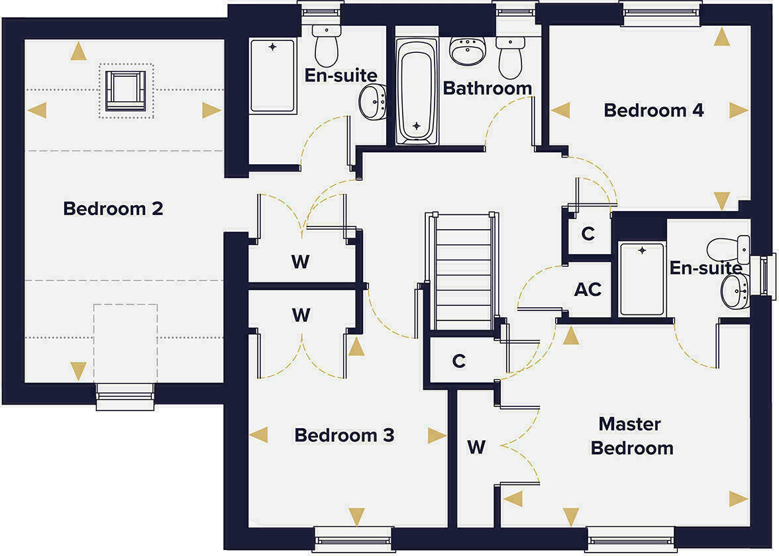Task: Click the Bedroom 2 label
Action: point(113,209)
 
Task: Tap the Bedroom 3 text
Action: point(344,436)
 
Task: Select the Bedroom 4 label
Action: point(653,111)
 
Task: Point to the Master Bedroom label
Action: point(631,436)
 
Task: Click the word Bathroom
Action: point(487,88)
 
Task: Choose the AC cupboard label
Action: point(588,289)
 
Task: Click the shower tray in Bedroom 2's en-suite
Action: point(272,75)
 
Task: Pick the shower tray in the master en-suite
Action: point(641,279)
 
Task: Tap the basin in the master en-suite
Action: point(735,292)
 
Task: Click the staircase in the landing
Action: point(463,271)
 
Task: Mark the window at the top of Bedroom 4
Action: point(660,13)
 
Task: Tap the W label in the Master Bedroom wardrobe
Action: point(476,447)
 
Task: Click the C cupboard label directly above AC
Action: point(588,234)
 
